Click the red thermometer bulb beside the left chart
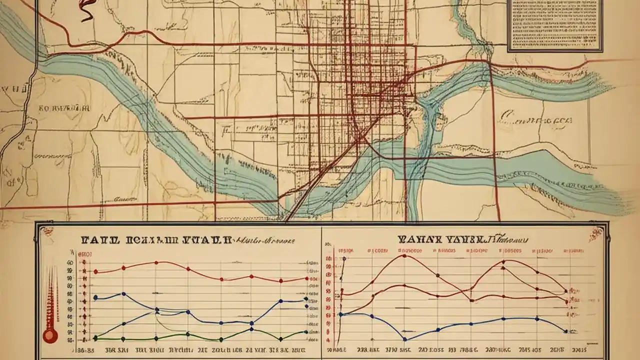pos(49,335)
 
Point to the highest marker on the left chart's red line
pos(156,262)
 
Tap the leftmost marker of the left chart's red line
pos(95,272)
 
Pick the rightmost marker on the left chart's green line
pos(306,331)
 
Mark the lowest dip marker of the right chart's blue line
pos(404,339)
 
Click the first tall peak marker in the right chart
pos(404,256)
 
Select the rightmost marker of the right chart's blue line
pos(565,331)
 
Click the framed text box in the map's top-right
pos(554,25)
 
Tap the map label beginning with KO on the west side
pos(64,107)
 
